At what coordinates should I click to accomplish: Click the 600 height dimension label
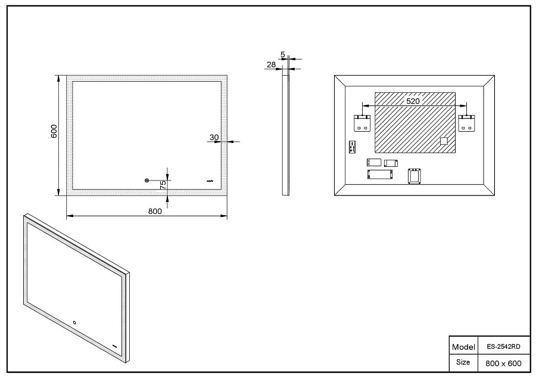tap(54, 131)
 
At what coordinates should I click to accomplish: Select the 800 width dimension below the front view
tap(155, 211)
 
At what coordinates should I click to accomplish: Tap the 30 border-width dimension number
tap(214, 138)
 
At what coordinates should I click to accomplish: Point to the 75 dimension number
tap(163, 185)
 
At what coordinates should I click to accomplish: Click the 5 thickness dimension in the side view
tap(283, 54)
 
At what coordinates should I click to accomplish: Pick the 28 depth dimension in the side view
tap(271, 64)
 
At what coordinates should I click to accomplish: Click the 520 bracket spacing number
tap(413, 101)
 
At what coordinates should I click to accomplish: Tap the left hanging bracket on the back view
tap(362, 123)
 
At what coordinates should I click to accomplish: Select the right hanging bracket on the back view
tap(466, 123)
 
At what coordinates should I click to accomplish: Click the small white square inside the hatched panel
tap(444, 141)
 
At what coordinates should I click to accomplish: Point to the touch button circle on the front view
tap(147, 181)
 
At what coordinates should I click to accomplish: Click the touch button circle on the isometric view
tap(74, 322)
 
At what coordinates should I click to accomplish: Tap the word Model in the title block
tap(463, 347)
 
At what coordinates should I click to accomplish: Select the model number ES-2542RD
tap(503, 346)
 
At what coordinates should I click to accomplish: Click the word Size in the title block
tap(463, 362)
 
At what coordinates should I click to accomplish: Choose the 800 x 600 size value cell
tap(503, 364)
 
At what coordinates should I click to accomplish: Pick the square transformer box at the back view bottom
tap(415, 176)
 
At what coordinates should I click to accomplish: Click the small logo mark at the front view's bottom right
tap(210, 181)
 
